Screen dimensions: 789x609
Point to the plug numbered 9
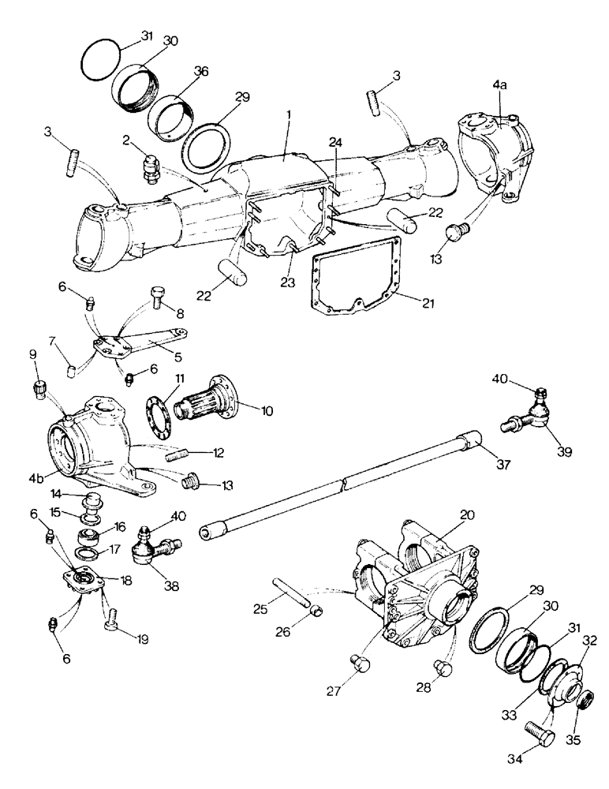tap(39, 390)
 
